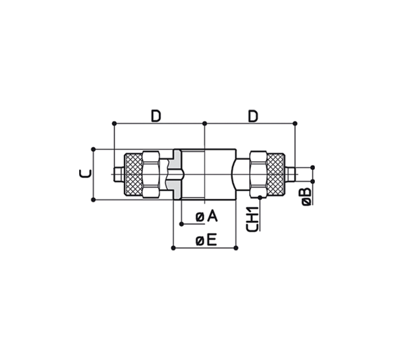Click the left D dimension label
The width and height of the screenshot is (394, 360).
pos(156,116)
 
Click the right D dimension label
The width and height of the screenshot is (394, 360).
pos(253,116)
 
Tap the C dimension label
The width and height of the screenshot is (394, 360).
pos(85,174)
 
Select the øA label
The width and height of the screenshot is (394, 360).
pos(207,217)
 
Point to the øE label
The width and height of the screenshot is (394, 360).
pos(206,240)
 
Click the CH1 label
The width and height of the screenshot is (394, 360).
pos(252,219)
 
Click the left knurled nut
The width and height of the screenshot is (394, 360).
pos(133,174)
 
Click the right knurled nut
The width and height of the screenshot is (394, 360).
pos(276,174)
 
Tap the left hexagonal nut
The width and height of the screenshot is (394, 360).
pos(151,174)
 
